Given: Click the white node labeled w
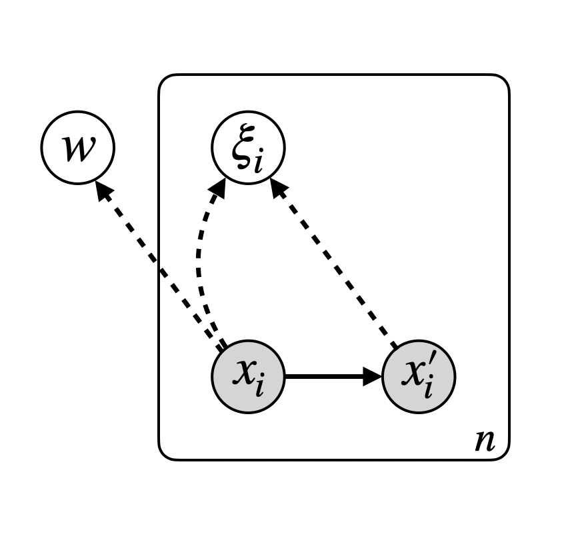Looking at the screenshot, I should click(x=78, y=147).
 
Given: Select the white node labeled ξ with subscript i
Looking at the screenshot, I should click(x=248, y=147).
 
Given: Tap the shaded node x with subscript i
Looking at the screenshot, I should click(x=248, y=376).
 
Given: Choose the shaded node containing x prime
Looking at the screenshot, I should click(x=419, y=376).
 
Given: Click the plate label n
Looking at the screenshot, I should click(x=485, y=441).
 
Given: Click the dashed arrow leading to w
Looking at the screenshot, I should click(x=160, y=266).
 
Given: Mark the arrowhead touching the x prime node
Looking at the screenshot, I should click(x=373, y=376).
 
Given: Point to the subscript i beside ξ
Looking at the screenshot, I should click(x=257, y=160).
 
